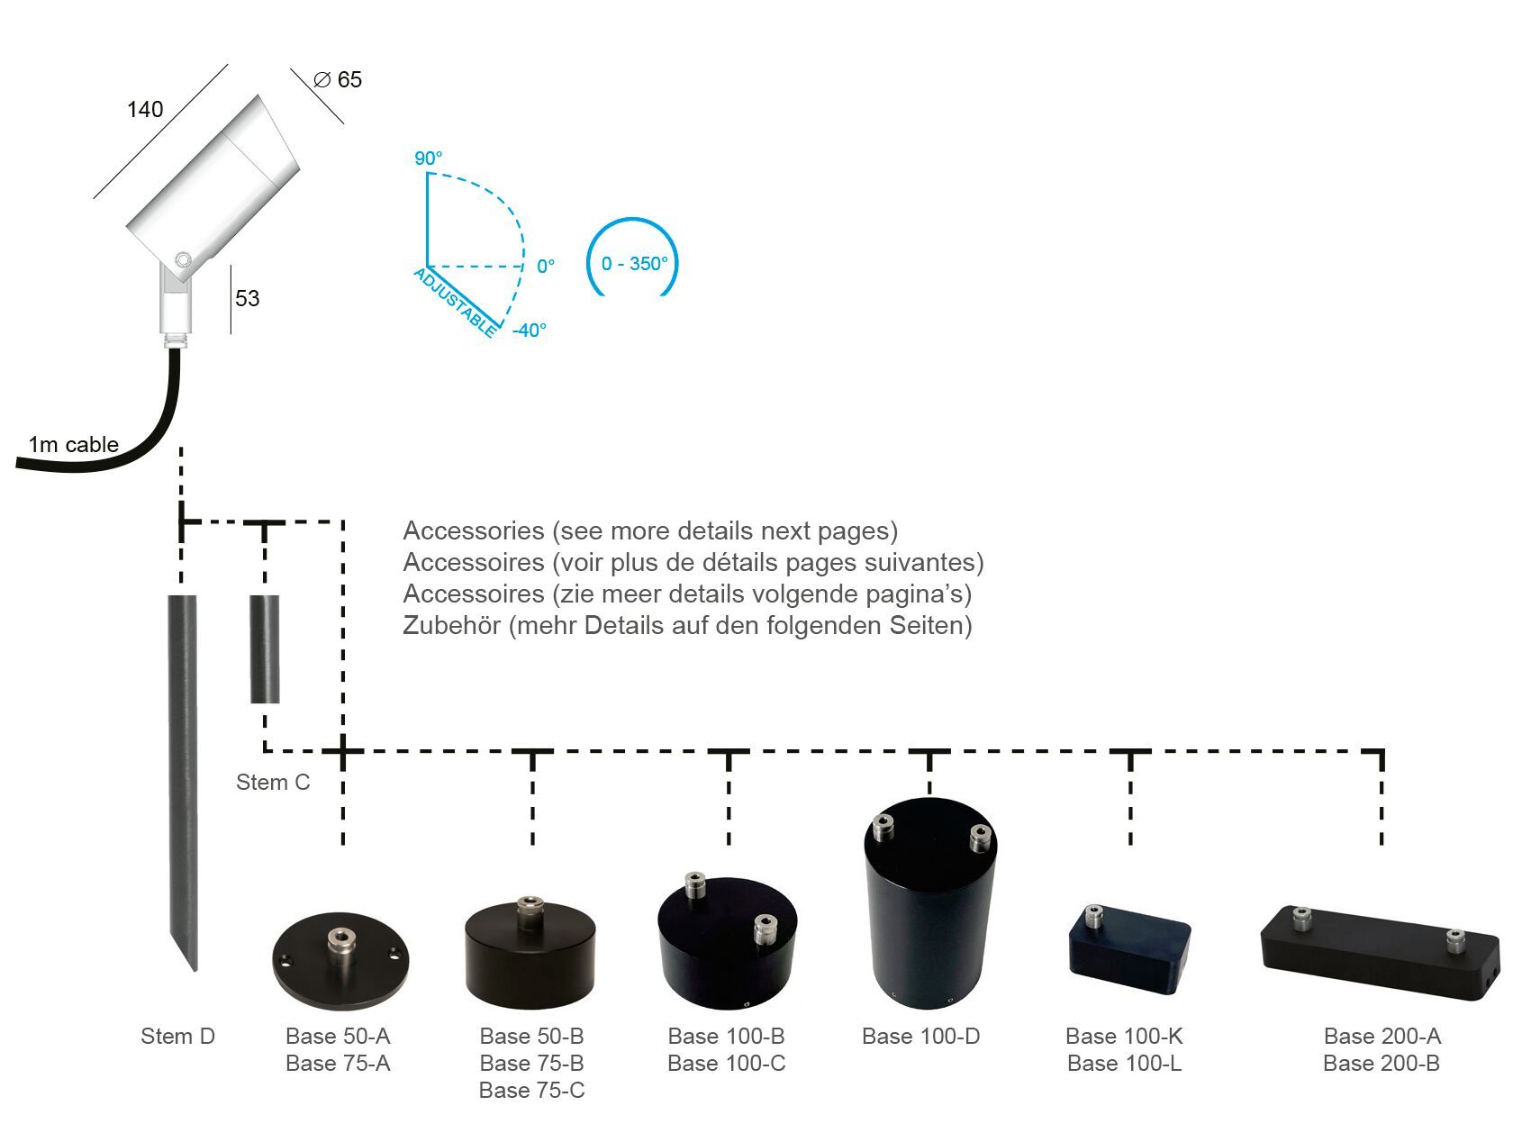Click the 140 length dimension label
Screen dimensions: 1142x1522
pos(145,110)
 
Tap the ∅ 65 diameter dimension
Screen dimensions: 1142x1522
pos(338,80)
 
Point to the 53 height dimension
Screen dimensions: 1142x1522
pos(247,298)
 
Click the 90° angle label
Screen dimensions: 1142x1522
pos(428,159)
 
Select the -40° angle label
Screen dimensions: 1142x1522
pos(530,331)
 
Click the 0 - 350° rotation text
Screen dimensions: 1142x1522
pos(635,264)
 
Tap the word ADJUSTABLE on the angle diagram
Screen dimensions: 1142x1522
pos(455,302)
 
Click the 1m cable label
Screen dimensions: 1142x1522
pos(73,444)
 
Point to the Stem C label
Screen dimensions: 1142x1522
pos(273,782)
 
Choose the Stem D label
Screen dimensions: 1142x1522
pos(177,1036)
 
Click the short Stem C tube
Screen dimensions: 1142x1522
pos(265,648)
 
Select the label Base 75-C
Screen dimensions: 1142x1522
pos(531,1090)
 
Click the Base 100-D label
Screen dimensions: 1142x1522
pos(920,1036)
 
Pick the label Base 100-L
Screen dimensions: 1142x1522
pos(1124,1063)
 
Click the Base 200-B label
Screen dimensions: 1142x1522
pos(1381,1063)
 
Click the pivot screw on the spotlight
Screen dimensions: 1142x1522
pos(183,260)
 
